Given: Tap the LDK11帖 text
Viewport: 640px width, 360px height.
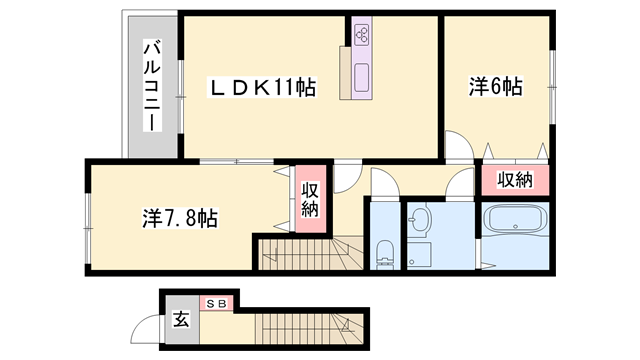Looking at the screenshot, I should pyautogui.click(x=262, y=88).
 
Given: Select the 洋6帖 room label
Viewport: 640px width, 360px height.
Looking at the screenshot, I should pyautogui.click(x=495, y=87).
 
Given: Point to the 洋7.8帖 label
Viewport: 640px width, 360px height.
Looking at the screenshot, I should pyautogui.click(x=181, y=216).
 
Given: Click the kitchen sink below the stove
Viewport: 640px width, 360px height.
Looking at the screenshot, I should pyautogui.click(x=362, y=73).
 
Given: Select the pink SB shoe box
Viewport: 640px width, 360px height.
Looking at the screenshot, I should pyautogui.click(x=217, y=303).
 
